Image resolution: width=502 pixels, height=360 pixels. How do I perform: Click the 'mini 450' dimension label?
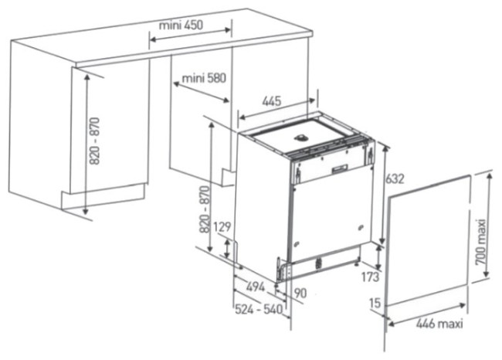point(181,25)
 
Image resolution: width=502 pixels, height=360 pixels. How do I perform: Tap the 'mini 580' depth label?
point(204,78)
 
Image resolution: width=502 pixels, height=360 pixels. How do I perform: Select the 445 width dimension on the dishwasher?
point(272,101)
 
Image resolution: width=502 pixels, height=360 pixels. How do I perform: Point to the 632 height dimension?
point(395,178)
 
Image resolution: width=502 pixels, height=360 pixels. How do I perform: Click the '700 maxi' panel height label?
point(480,242)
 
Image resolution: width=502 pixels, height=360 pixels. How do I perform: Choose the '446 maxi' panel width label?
point(439,324)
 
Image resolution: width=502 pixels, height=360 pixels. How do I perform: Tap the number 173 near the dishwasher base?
point(370,277)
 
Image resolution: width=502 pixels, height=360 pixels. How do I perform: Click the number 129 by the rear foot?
point(222,227)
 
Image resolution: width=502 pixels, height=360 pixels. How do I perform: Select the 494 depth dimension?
point(256,287)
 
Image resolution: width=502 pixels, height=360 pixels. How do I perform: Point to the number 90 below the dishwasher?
point(300,293)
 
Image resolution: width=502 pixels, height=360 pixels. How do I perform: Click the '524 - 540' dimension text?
point(259,309)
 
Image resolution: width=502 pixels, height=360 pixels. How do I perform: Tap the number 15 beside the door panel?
point(375,303)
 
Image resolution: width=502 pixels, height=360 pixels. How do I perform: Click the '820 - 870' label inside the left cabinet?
point(94,141)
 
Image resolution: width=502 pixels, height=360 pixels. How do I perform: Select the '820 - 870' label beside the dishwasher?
point(204,209)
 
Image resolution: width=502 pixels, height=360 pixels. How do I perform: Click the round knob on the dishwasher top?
point(301,138)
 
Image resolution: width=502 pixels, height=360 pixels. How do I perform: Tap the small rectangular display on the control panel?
point(340,168)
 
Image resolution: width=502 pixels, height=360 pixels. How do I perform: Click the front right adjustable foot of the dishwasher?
point(356,263)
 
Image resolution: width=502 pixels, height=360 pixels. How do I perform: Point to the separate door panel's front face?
point(429,241)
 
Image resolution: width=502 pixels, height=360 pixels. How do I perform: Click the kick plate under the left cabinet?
point(103,196)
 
